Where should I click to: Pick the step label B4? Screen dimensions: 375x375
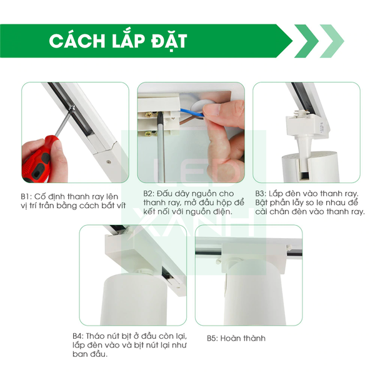[79, 336]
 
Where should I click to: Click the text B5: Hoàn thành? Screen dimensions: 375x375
[236, 338]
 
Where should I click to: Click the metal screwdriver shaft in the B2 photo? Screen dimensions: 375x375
[164, 150]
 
